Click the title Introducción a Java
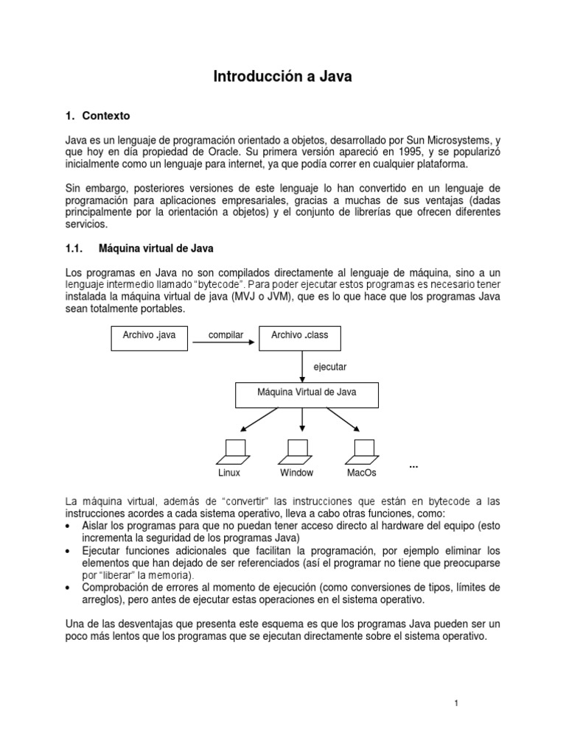click(x=283, y=76)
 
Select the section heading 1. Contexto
click(x=97, y=116)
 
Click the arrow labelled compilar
click(x=226, y=342)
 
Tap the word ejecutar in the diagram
click(x=330, y=366)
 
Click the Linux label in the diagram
click(x=229, y=473)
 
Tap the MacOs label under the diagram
click(x=362, y=473)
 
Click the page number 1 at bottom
click(x=457, y=703)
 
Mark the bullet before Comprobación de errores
click(x=69, y=587)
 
